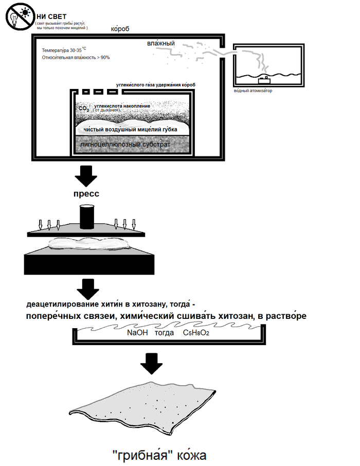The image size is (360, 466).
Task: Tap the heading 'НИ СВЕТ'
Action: (51, 16)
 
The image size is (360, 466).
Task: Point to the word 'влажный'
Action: (161, 44)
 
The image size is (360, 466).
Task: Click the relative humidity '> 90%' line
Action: (76, 58)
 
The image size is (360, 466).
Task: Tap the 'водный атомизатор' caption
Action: (253, 91)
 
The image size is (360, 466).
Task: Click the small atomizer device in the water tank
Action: (265, 79)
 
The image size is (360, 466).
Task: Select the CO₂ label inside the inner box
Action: (83, 109)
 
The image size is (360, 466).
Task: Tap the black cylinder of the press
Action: (87, 217)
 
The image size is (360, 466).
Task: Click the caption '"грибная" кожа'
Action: (159, 455)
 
